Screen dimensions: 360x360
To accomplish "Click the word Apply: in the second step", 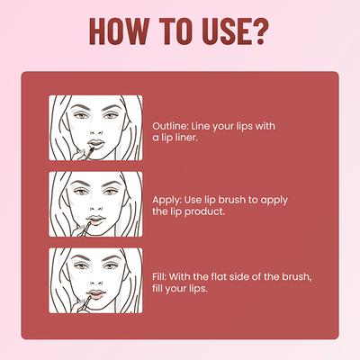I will pos(168,199).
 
